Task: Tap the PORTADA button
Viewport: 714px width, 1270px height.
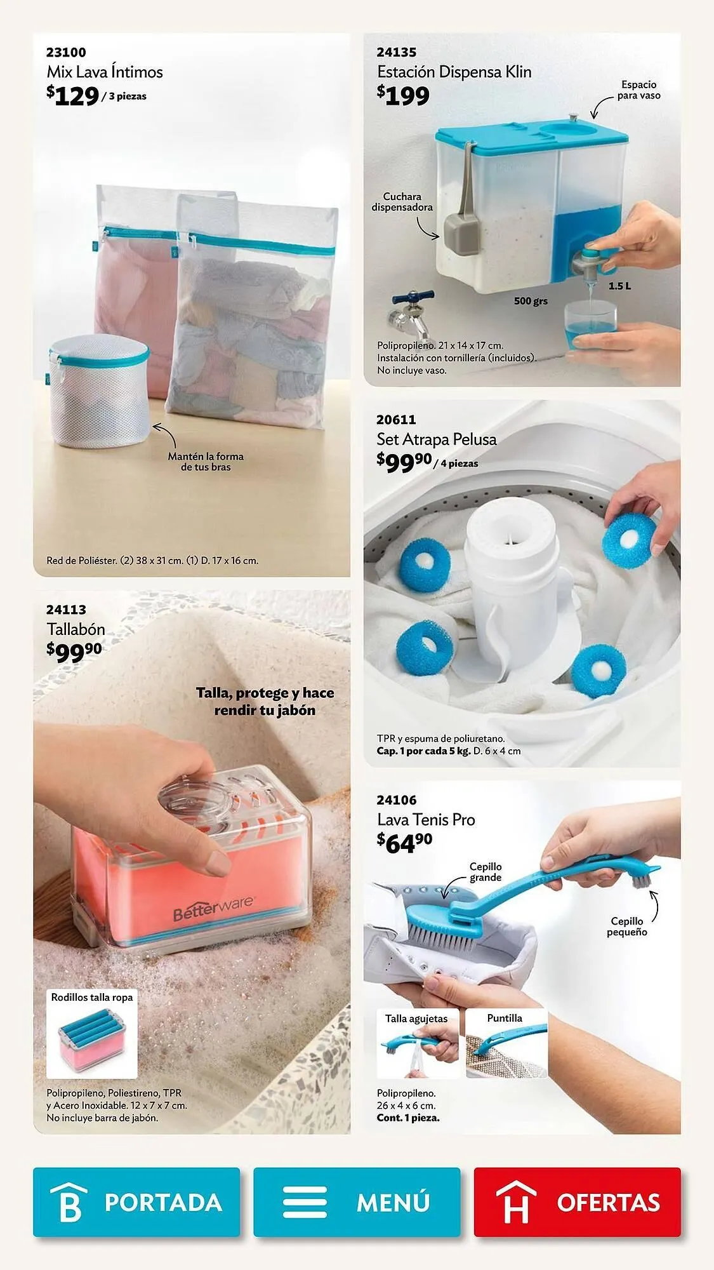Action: coord(136,1202)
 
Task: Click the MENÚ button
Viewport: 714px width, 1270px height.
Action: coord(357,1202)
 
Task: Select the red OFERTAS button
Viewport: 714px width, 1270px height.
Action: coord(577,1202)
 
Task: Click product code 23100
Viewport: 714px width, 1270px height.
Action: coord(66,52)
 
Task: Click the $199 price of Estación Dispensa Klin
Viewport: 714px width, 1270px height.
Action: coord(403,95)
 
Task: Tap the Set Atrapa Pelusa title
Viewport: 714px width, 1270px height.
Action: coord(437,439)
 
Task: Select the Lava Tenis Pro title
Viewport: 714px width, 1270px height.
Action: coord(426,819)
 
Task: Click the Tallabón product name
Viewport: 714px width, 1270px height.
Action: coord(76,629)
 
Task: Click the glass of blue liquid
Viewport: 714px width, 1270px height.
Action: coord(590,326)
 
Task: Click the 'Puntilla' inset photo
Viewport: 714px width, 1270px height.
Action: coord(506,1043)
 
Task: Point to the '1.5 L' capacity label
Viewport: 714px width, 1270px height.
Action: coord(619,286)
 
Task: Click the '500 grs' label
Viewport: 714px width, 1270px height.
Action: coord(531,301)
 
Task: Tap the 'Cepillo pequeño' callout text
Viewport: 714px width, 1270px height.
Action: coord(627,926)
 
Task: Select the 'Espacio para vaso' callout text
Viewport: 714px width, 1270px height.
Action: coord(639,90)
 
